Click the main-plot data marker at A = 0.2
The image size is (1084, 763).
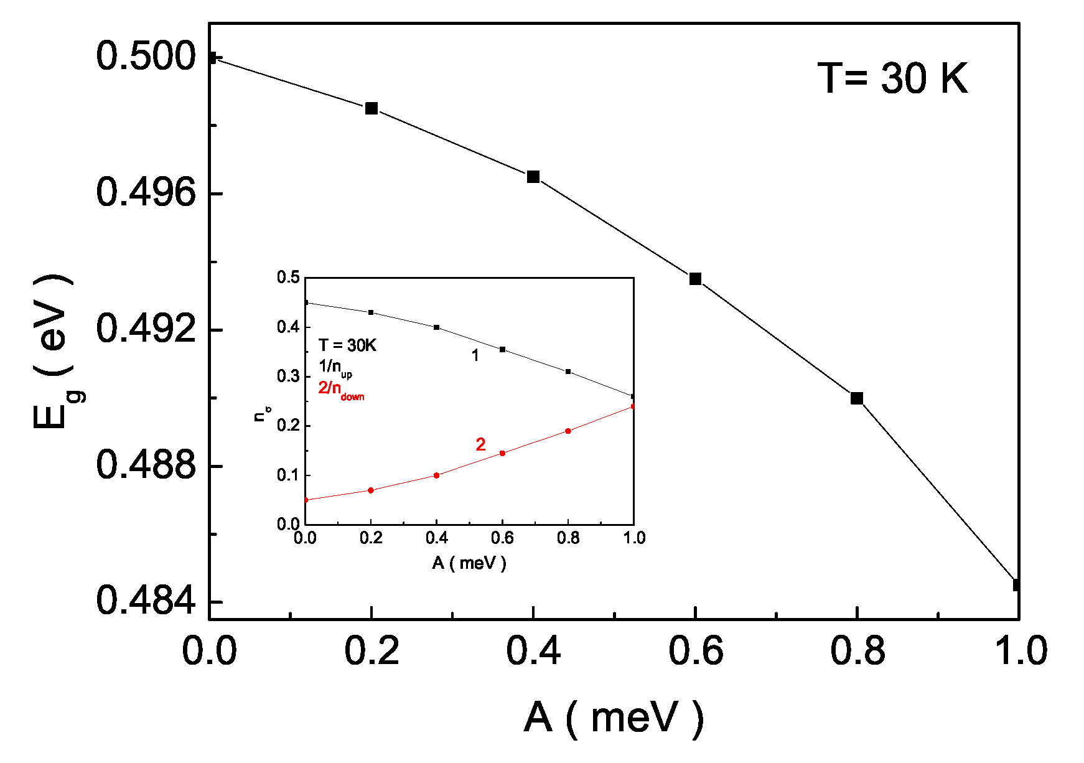(371, 108)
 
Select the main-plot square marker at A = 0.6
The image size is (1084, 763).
(695, 279)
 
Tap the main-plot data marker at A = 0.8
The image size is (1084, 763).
(857, 398)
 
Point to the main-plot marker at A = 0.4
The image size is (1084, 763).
(533, 177)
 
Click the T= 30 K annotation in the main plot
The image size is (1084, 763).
(892, 79)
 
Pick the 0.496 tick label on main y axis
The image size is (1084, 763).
(146, 192)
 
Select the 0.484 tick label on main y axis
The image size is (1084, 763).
(146, 601)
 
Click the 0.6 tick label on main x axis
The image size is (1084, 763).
(695, 652)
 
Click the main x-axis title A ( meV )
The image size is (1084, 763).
(614, 718)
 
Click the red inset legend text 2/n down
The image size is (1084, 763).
(341, 390)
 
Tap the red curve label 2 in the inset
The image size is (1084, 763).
(480, 444)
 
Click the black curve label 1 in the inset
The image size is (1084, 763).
(475, 355)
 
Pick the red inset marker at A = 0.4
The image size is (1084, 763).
(437, 475)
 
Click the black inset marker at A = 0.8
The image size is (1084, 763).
(568, 372)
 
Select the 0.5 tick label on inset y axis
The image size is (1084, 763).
(288, 278)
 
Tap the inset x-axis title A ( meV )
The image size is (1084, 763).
(469, 563)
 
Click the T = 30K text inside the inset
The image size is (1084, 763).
(347, 345)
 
